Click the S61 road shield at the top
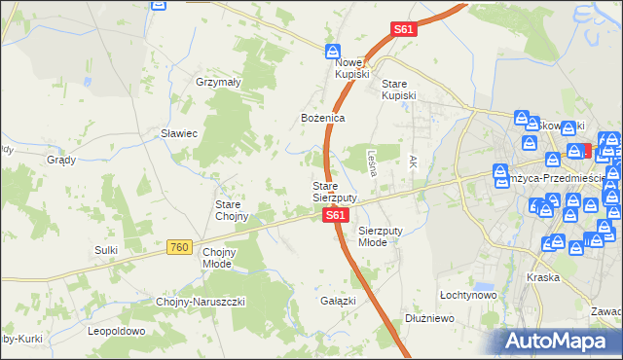(405, 30)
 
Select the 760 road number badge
(178, 248)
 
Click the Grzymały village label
(218, 83)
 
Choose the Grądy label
(61, 160)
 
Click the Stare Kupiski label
(398, 89)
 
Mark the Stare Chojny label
(234, 210)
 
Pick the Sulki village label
(106, 250)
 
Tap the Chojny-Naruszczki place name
(202, 302)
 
